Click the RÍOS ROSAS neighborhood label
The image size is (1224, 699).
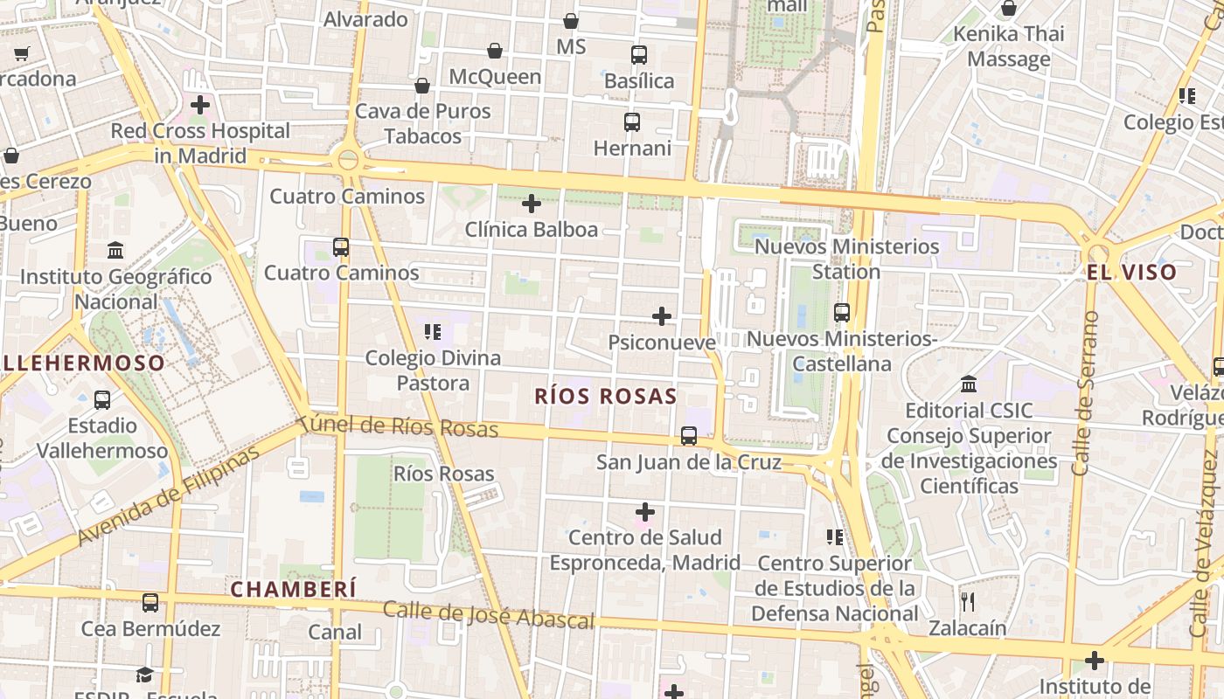click(606, 397)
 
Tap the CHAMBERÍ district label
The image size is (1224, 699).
click(293, 590)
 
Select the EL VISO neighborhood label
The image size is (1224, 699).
click(1132, 273)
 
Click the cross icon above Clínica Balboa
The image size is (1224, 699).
click(532, 204)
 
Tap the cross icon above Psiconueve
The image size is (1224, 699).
click(662, 316)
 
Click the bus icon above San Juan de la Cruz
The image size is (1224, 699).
click(689, 435)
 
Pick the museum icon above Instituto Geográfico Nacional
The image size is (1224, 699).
click(115, 251)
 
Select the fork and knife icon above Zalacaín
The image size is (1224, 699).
click(967, 602)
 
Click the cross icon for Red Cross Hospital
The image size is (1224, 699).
click(200, 105)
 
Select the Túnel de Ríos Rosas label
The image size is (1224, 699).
click(399, 427)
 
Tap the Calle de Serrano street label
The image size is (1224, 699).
click(1084, 393)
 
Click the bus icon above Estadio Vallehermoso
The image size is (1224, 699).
click(102, 400)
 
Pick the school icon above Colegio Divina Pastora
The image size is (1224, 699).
click(433, 332)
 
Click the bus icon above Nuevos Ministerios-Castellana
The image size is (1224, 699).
click(842, 313)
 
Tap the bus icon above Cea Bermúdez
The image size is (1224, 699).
click(150, 603)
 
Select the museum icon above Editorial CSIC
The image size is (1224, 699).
click(969, 384)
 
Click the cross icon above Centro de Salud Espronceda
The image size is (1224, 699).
click(645, 511)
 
